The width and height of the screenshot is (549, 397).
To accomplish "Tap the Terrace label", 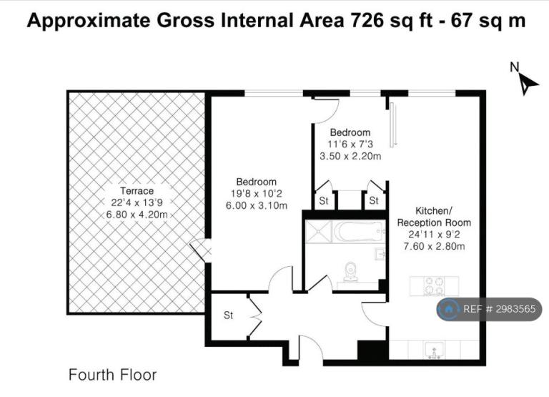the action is (x=137, y=191).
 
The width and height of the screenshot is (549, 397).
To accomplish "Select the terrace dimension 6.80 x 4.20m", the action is (x=137, y=215).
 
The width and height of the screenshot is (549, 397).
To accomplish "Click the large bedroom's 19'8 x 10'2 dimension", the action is (x=257, y=193).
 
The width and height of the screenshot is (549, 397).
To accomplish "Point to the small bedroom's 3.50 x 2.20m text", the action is (x=350, y=156).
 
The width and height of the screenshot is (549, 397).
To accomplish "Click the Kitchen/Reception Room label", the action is (x=434, y=217).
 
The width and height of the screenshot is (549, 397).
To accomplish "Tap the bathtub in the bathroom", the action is (x=359, y=232).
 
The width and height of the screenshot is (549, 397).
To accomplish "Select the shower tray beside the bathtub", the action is (x=318, y=232).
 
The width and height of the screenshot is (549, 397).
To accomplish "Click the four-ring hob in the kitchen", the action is (x=434, y=286).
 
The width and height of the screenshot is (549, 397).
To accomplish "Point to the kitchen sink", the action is (x=434, y=351).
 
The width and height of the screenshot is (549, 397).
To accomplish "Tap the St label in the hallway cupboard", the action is (x=228, y=315).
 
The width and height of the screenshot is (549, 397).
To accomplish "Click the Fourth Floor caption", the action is (x=112, y=375).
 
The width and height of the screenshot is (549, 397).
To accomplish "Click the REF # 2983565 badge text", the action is (x=499, y=309).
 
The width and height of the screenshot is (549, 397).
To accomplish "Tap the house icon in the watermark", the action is (x=448, y=309).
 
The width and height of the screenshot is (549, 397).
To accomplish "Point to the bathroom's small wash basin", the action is (x=380, y=254).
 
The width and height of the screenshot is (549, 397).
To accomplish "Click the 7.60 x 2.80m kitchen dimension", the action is (x=434, y=246).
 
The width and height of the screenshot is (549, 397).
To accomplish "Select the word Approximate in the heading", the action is (x=89, y=21).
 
